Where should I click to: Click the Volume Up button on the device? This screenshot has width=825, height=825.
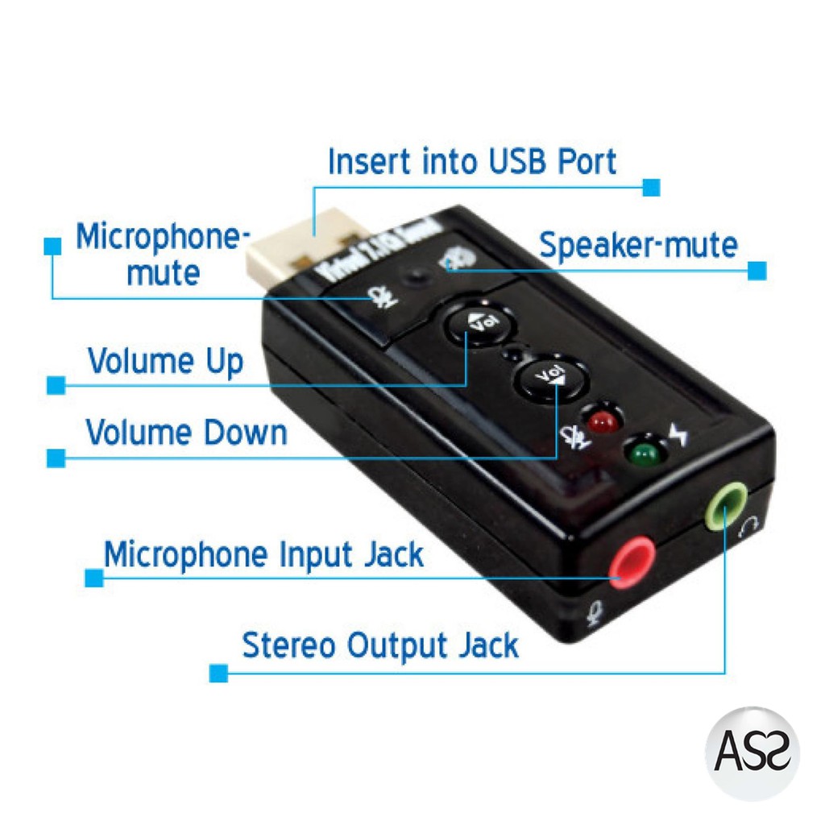[x=476, y=324]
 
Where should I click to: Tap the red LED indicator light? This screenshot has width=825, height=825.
[x=601, y=419]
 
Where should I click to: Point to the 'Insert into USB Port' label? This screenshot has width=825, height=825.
[x=472, y=161]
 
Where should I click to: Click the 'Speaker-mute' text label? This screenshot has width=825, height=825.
[x=638, y=245]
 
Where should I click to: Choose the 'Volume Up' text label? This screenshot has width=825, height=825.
[x=165, y=361]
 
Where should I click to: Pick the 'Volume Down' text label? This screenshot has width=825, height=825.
[x=186, y=433]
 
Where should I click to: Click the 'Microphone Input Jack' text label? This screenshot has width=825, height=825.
[x=263, y=555]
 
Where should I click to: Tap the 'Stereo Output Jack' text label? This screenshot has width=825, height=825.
[x=380, y=645]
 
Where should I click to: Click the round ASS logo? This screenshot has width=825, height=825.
[x=752, y=753]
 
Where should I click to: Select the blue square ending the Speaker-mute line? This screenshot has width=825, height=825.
[x=757, y=271]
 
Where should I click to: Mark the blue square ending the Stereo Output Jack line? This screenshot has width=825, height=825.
[x=218, y=673]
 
